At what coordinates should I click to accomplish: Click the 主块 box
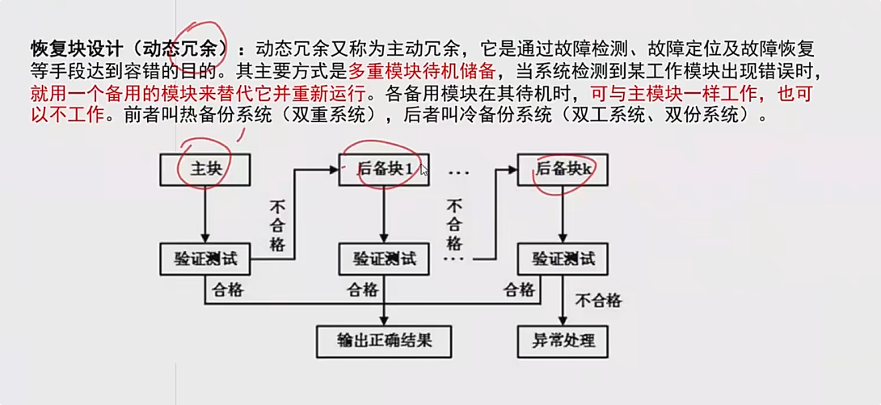click(x=204, y=170)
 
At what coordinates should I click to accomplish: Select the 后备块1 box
click(x=384, y=170)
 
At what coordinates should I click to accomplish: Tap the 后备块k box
click(x=562, y=170)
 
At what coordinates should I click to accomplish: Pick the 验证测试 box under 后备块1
click(x=384, y=259)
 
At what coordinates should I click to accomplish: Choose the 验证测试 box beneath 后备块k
click(x=562, y=259)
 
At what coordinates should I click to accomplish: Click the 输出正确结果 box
click(x=384, y=341)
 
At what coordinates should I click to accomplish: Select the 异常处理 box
click(x=562, y=341)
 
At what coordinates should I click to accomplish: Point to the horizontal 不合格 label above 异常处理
click(x=598, y=301)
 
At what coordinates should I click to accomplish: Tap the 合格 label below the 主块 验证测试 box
click(x=228, y=289)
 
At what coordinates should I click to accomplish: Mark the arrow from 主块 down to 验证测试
click(x=204, y=214)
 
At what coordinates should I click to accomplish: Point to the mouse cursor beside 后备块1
click(x=424, y=170)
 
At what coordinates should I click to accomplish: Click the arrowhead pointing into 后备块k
click(x=512, y=170)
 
